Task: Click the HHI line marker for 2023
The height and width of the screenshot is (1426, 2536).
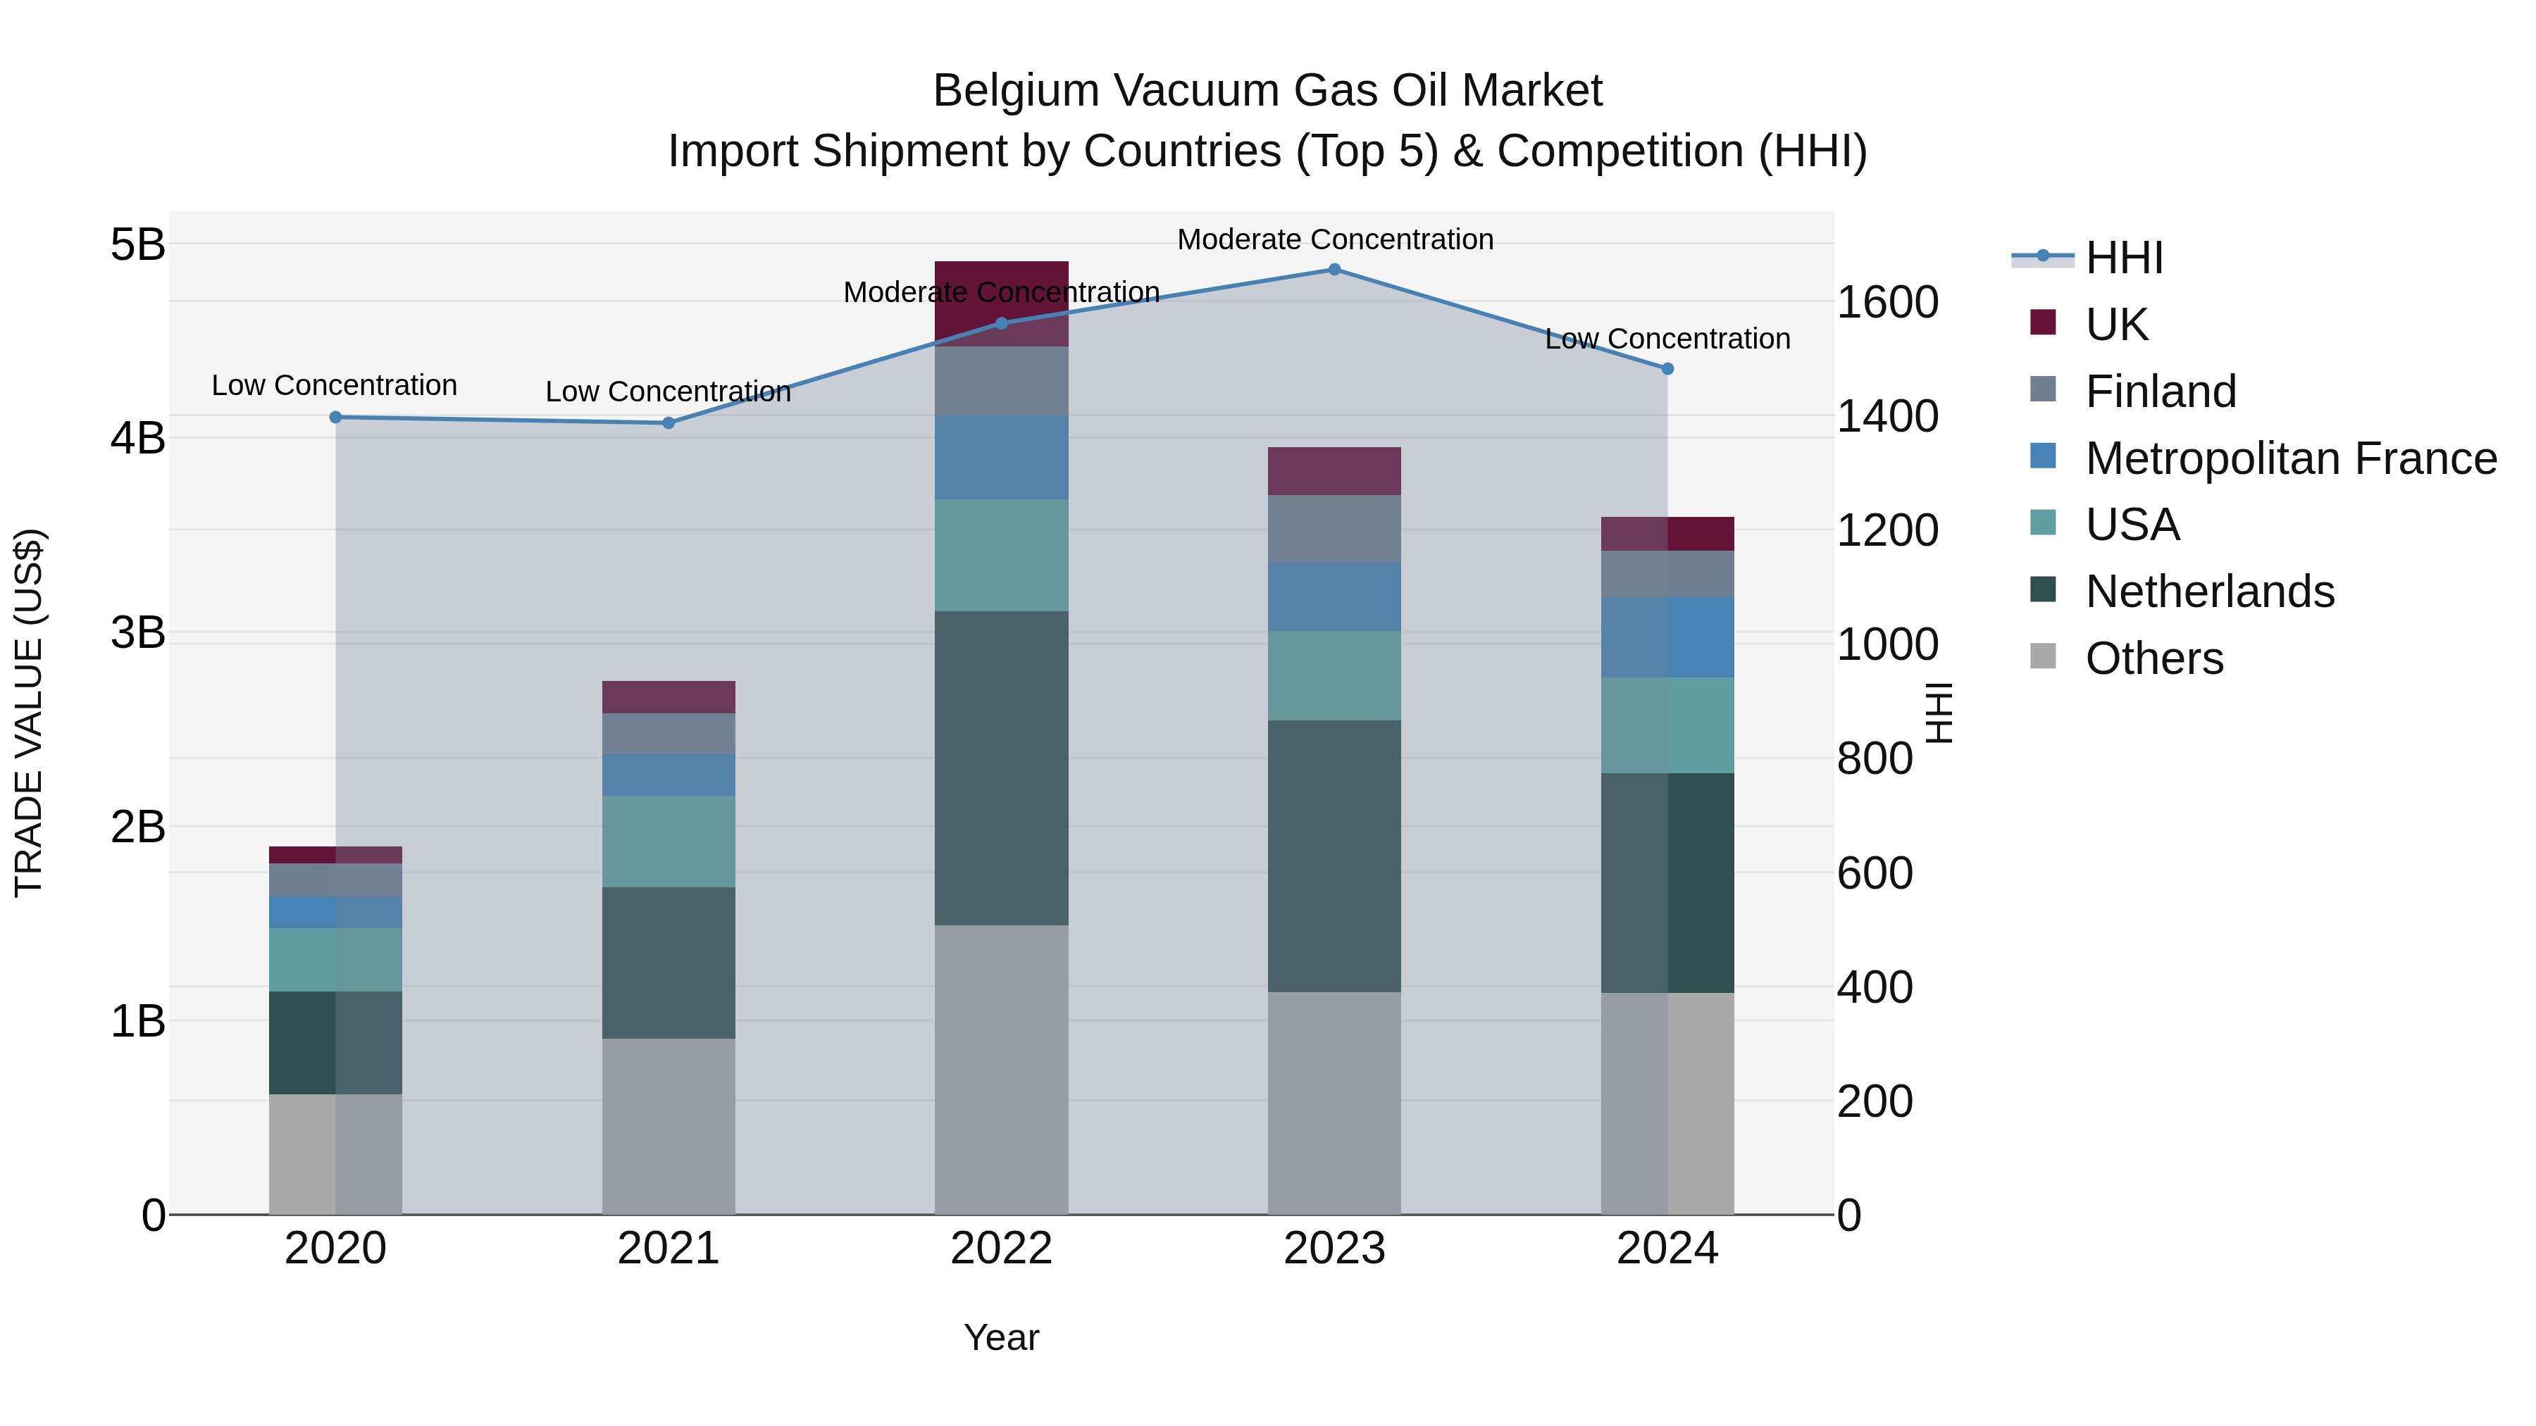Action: (1334, 270)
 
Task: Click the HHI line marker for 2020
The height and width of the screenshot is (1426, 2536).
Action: (336, 418)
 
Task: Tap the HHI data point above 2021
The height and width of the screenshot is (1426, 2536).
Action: (669, 423)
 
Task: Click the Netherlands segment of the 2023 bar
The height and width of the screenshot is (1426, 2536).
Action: (1334, 856)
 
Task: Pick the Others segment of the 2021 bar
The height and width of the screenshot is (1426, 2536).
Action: (669, 1127)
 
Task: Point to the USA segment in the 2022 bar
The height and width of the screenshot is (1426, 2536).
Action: (1001, 555)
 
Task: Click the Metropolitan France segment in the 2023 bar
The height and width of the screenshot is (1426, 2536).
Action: (1334, 597)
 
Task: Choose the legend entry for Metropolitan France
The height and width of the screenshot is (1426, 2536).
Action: (2291, 458)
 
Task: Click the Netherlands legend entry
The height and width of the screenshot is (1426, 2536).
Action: (2209, 592)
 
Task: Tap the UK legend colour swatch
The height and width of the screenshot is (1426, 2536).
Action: (2043, 323)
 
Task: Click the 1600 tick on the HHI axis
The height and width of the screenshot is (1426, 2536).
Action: (1887, 302)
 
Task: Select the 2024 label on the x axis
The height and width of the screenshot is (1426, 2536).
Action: (1667, 1249)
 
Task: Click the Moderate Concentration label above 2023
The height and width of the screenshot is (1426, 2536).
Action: (1335, 239)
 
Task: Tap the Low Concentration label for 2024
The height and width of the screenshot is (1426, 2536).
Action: (1667, 339)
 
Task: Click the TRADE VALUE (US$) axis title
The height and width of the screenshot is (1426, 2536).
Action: (30, 713)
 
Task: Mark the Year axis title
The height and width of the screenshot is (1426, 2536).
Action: (1001, 1337)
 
